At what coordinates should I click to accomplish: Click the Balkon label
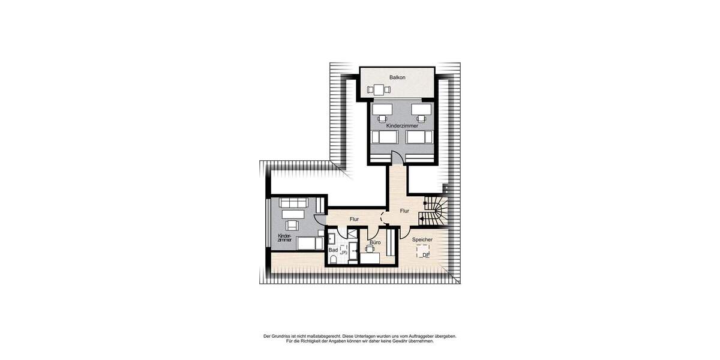(397, 77)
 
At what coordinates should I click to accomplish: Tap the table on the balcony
(379, 90)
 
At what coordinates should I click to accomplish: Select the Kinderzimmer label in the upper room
(403, 127)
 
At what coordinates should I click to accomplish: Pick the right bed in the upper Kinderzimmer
(420, 137)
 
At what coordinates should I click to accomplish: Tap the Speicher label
(422, 240)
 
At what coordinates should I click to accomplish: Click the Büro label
(375, 242)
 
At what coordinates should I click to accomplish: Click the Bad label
(332, 250)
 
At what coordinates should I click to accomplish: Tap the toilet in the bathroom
(333, 259)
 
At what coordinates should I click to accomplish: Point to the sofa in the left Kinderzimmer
(294, 203)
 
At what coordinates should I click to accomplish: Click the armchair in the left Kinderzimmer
(293, 225)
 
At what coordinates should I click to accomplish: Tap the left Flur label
(354, 220)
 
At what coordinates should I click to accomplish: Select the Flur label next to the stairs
(404, 211)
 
